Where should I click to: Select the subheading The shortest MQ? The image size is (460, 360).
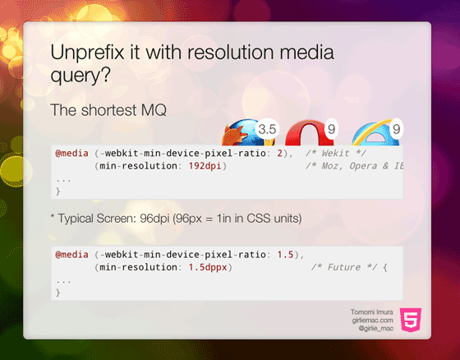coord(108,109)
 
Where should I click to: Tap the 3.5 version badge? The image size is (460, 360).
coord(267,129)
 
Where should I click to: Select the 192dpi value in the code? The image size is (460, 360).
coord(204,166)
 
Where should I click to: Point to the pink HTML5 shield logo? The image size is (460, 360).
coord(412,318)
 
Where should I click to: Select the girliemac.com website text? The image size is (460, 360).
coord(372,320)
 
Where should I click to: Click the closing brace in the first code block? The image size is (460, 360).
coord(58,191)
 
